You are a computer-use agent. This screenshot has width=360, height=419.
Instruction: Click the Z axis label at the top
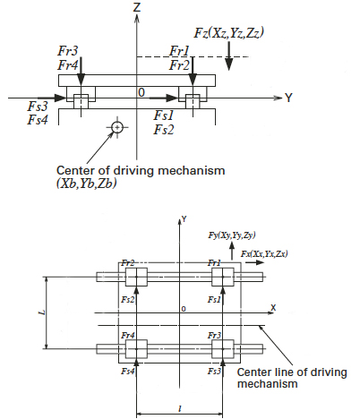click(137, 7)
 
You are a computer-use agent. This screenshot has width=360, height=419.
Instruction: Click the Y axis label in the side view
click(289, 96)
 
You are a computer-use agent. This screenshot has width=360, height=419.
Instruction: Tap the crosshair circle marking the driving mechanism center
click(116, 128)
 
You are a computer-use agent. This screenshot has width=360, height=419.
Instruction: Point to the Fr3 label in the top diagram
click(69, 52)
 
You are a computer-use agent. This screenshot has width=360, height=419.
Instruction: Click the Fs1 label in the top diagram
click(163, 115)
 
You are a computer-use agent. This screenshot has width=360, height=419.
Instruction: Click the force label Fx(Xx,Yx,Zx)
click(268, 255)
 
